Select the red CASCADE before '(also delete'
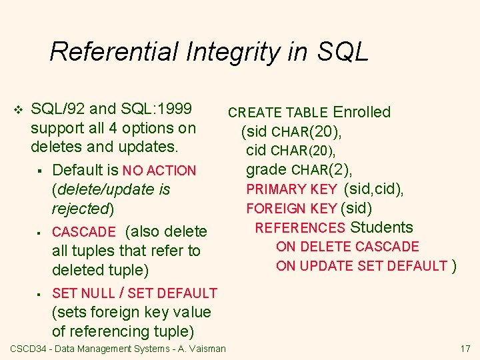click(83, 232)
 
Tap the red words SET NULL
click(83, 293)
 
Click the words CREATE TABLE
click(278, 113)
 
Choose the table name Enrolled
click(362, 112)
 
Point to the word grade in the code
click(267, 169)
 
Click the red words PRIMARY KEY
click(291, 189)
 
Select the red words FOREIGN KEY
click(291, 209)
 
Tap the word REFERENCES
click(300, 228)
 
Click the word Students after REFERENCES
click(382, 227)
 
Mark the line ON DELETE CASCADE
click(347, 247)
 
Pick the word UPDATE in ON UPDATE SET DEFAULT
click(323, 266)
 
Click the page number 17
click(465, 349)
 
